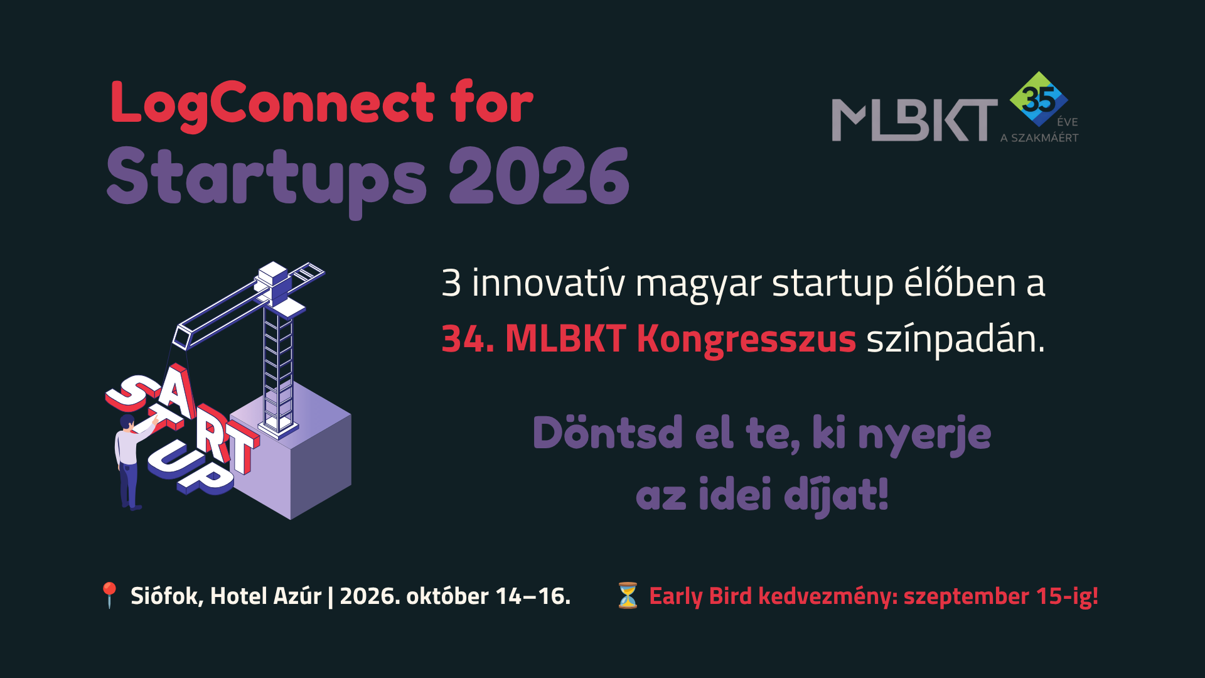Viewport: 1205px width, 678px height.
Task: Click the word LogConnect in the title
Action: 272,104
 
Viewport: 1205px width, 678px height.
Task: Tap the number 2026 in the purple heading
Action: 538,176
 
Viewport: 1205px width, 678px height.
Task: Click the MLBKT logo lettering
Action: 914,120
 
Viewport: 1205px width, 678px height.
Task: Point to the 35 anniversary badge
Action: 1039,99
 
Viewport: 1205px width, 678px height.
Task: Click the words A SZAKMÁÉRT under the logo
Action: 1039,137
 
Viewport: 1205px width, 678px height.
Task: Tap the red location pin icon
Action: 109,595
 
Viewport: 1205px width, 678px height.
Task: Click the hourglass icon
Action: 628,595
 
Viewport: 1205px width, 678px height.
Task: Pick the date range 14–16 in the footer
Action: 533,596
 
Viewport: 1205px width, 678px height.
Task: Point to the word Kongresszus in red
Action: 746,340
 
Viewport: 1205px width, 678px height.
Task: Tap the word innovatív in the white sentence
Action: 548,283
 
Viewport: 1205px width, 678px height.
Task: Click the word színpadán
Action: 956,340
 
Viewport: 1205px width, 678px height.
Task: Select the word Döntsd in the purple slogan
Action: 608,433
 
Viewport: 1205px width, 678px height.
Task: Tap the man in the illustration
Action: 131,461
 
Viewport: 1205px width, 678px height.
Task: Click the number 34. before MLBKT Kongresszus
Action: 468,340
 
